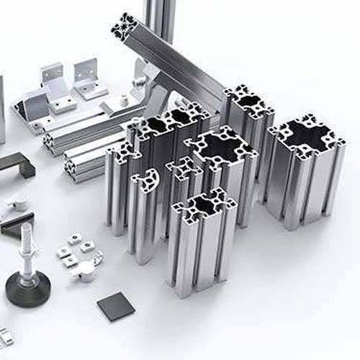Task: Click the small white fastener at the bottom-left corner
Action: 5,336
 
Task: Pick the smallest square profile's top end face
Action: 184,169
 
